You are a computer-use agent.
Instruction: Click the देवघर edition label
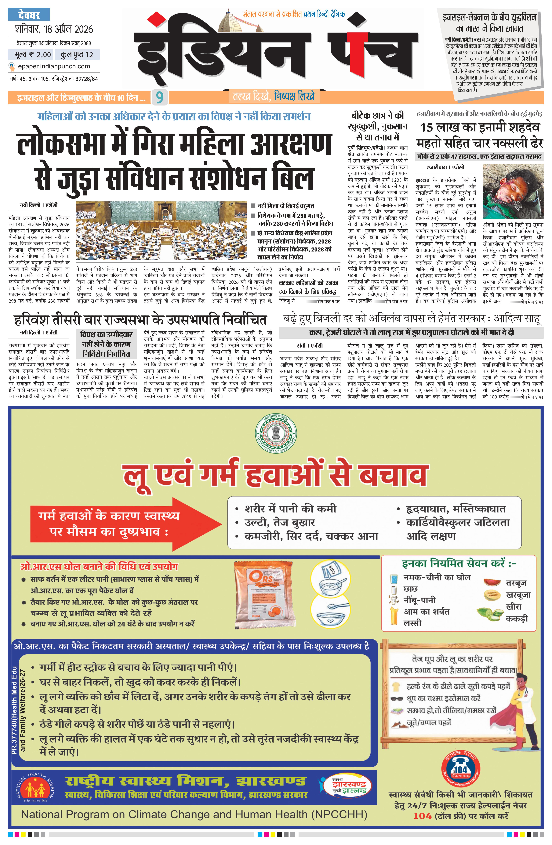(x=29, y=15)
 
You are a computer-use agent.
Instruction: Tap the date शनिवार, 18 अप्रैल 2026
(x=54, y=29)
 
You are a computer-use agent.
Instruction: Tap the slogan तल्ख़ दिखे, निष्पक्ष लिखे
(x=273, y=97)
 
